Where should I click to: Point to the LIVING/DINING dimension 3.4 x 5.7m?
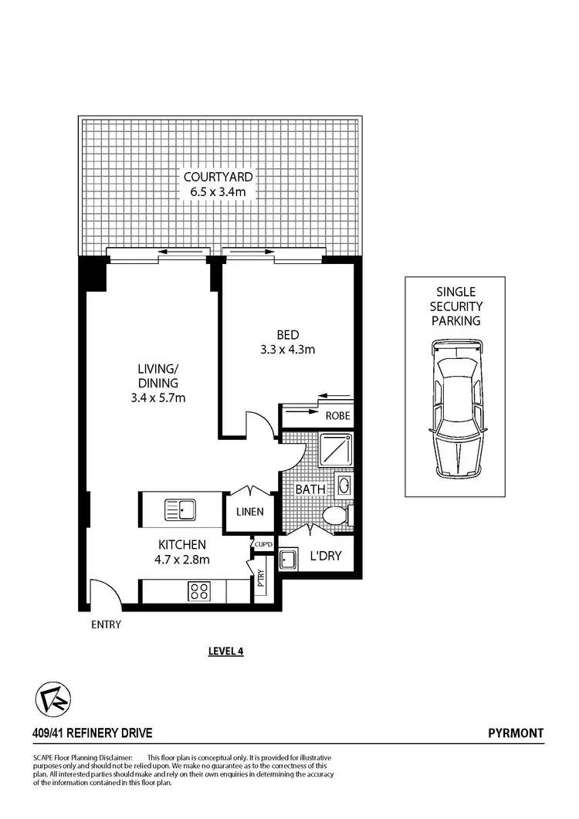point(157,398)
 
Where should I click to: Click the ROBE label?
point(337,415)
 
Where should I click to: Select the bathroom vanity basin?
point(344,486)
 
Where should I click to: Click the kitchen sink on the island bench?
point(180,509)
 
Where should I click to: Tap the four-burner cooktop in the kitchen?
point(200,591)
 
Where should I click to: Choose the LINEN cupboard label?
point(250,511)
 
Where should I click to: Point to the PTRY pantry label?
point(262,579)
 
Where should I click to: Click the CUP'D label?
point(263,545)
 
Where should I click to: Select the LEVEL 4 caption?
point(226,651)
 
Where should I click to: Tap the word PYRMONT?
point(516,733)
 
